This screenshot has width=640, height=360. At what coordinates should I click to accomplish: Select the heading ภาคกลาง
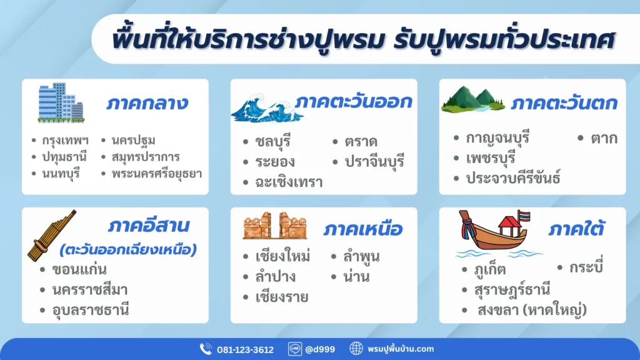coord(147,103)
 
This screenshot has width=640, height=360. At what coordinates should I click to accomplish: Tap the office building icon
coord(60,102)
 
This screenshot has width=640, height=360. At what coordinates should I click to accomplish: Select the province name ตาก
coord(604,138)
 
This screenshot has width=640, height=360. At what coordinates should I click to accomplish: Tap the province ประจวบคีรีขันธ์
coord(513,178)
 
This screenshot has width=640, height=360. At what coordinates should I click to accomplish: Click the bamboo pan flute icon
coord(51,235)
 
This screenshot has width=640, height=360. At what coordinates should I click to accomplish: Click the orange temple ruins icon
coord(274,226)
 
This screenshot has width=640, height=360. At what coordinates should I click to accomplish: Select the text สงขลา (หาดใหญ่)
coord(532,310)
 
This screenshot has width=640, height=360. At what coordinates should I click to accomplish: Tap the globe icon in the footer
coord(356,349)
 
